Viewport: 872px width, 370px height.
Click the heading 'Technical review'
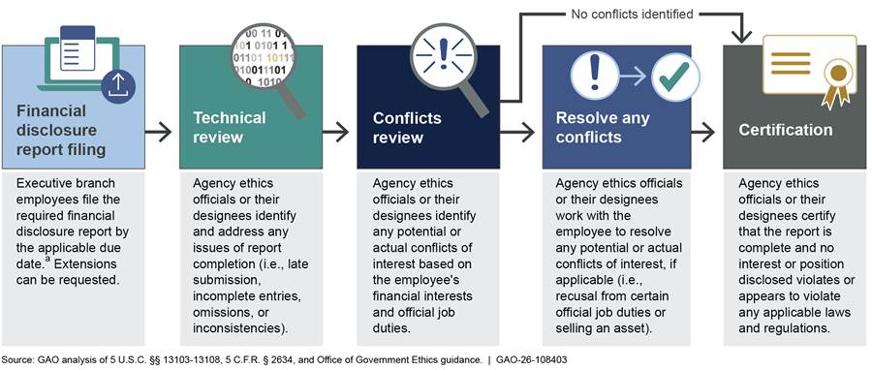coord(230,127)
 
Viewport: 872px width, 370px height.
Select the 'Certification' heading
coord(785,130)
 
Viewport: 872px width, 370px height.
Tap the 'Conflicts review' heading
coord(407,127)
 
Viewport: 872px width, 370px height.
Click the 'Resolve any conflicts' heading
coord(603,127)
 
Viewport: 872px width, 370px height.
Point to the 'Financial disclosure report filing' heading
coord(61,131)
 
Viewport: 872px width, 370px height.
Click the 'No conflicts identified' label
coord(633,14)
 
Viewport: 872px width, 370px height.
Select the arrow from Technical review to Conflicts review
coord(335,133)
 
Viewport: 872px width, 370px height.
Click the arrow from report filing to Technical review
coord(159,133)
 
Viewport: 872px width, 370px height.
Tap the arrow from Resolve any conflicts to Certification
coord(703,133)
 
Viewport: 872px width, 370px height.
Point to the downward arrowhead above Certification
coord(741,36)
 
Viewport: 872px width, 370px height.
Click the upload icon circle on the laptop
coord(118,86)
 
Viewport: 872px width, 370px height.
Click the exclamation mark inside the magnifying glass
coord(443,54)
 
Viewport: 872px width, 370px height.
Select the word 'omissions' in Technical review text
coord(220,313)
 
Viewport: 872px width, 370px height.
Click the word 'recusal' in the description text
coord(577,296)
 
